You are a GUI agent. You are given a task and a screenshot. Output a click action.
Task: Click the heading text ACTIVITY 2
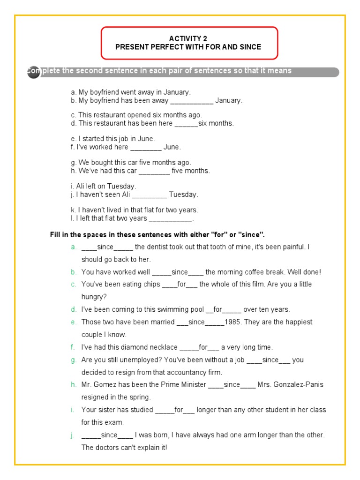tap(188, 38)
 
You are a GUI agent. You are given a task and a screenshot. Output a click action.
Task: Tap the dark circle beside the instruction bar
tap(33, 72)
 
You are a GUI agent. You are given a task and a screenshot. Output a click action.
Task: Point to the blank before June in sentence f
tap(145, 147)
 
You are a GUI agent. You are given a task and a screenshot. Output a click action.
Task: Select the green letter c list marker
tap(73, 285)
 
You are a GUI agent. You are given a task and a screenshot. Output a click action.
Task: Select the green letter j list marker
tap(73, 435)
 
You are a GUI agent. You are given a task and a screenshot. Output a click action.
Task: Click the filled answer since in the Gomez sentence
tap(232, 384)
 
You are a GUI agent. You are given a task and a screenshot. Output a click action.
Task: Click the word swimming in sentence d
tap(166, 309)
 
